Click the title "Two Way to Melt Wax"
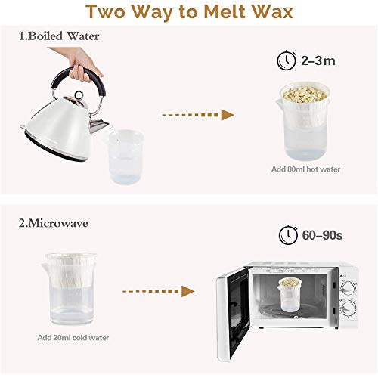pyautogui.click(x=189, y=11)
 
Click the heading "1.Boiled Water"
pyautogui.click(x=59, y=36)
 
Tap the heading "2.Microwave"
pyautogui.click(x=54, y=223)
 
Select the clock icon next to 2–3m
pyautogui.click(x=287, y=60)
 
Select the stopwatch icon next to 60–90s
pyautogui.click(x=289, y=234)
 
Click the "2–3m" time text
pyautogui.click(x=318, y=60)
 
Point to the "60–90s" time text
pyautogui.click(x=322, y=235)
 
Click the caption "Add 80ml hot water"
pyautogui.click(x=305, y=169)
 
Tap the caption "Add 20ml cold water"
pyautogui.click(x=73, y=338)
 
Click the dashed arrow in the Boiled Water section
pyautogui.click(x=198, y=115)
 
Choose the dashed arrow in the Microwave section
pyautogui.click(x=159, y=291)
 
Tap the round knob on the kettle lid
pyautogui.click(x=79, y=95)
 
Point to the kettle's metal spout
pyautogui.click(x=98, y=125)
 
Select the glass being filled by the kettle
pyautogui.click(x=125, y=156)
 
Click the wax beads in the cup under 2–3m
pyautogui.click(x=305, y=94)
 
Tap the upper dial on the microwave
pyautogui.click(x=348, y=288)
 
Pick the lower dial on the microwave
pyautogui.click(x=348, y=308)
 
